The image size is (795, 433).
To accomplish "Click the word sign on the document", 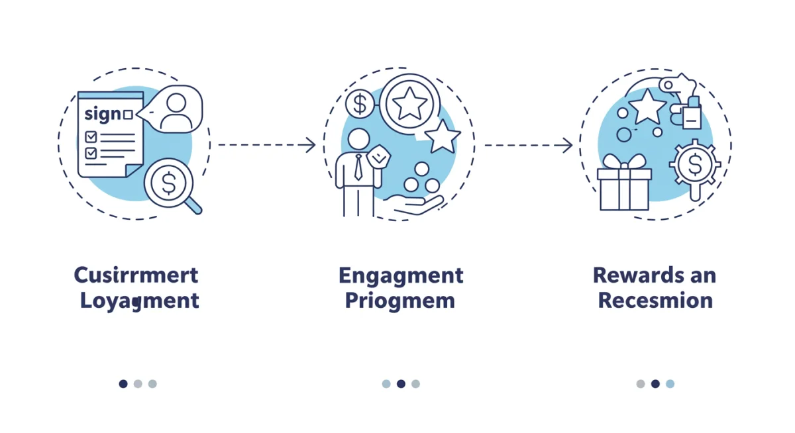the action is point(103,114).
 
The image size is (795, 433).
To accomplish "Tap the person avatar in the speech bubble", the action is point(176,111).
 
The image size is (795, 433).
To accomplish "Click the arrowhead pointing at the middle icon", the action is point(310,145).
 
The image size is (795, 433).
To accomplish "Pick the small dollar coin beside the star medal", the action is point(360,104).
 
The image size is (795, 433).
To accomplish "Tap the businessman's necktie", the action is point(358,168).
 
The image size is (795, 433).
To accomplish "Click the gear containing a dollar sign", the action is point(694,164).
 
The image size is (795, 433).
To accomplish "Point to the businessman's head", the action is point(358,139).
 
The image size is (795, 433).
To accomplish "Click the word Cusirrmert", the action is point(136,275).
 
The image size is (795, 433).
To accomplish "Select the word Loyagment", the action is point(139,301).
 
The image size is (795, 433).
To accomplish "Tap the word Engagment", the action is point(401,275).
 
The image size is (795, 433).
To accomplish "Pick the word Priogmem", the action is point(399,301).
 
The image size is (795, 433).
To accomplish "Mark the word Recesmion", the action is point(655,301).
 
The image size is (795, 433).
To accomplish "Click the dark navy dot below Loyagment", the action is point(123,383).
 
